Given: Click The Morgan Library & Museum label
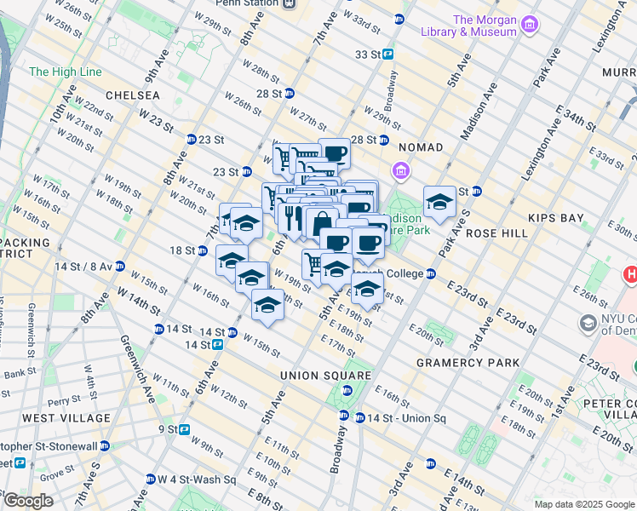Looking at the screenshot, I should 485,26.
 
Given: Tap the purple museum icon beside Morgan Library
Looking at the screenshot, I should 532,23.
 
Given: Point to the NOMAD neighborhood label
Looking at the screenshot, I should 420,147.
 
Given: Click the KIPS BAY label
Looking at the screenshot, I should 556,218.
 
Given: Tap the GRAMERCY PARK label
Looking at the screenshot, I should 468,363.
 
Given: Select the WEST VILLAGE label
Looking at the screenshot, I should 66,418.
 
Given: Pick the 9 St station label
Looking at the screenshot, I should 167,429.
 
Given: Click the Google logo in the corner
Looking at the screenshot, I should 28,501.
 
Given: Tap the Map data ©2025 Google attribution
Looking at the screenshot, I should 583,504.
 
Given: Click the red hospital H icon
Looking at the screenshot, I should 631,275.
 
